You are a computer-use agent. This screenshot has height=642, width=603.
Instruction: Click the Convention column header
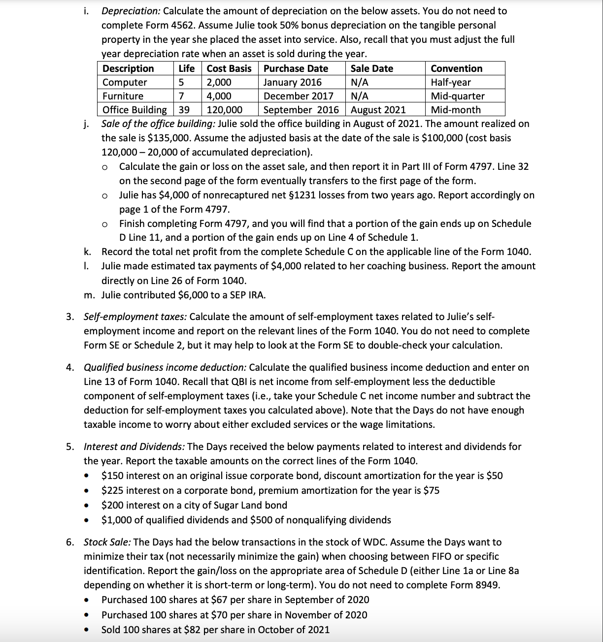point(456,68)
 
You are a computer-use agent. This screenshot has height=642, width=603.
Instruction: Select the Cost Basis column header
point(229,68)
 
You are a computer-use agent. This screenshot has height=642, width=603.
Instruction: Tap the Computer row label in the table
point(125,82)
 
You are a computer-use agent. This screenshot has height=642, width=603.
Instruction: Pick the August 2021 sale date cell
point(378,110)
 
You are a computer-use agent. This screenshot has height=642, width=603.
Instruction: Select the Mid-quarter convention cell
point(457,96)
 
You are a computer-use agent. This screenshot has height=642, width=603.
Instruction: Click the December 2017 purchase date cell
point(298,96)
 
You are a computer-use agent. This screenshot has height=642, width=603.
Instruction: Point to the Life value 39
point(183,110)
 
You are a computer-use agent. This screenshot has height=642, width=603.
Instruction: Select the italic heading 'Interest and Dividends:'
point(134,447)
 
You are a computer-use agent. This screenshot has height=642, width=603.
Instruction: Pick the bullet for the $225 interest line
point(87,491)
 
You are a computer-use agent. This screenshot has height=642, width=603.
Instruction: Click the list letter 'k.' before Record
point(88,252)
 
